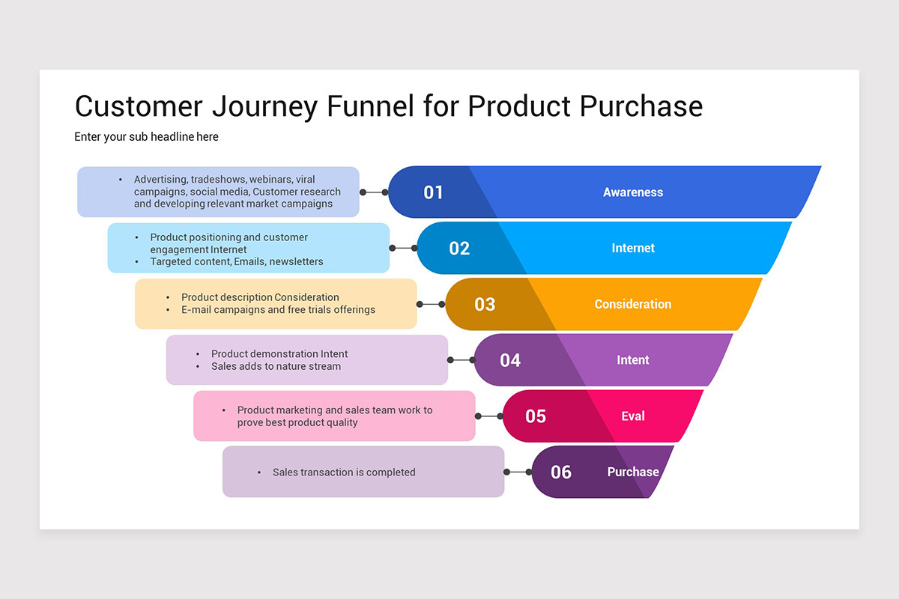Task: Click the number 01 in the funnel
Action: (x=433, y=192)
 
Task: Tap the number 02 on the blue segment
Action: (x=459, y=249)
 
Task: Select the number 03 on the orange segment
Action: (x=485, y=304)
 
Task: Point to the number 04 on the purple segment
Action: (x=510, y=360)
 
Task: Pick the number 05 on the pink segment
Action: (x=536, y=416)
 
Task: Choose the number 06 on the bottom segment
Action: (x=561, y=472)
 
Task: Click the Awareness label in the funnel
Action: (x=633, y=192)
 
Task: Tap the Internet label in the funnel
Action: (x=633, y=249)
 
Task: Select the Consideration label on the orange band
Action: (x=633, y=304)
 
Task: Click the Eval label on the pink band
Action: (x=633, y=416)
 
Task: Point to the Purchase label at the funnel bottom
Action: (x=633, y=472)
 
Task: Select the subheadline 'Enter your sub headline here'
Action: (x=146, y=137)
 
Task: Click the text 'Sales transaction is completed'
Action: (x=344, y=472)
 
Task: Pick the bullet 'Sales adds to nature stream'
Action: (x=276, y=366)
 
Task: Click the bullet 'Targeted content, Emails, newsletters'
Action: (x=237, y=261)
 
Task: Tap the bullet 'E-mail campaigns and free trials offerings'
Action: (x=278, y=309)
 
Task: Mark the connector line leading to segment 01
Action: (x=374, y=192)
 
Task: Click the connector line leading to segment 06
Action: (x=518, y=472)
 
